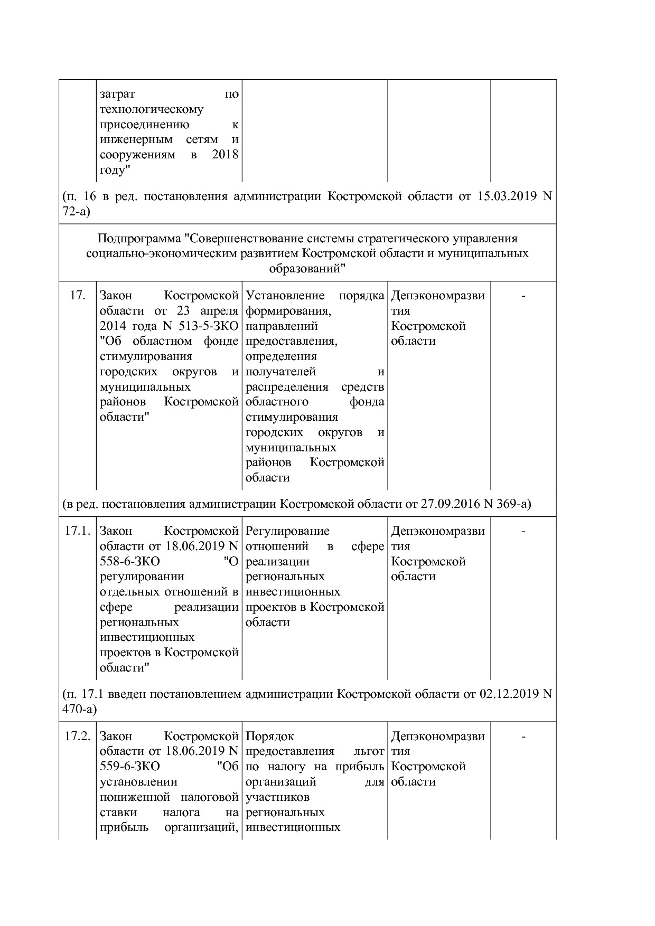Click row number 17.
coord(77,296)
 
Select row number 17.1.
coord(77,531)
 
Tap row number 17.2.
coord(77,736)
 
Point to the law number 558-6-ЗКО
coord(129,561)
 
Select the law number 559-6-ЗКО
coord(129,767)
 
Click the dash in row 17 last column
coord(523,296)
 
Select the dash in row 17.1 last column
coord(523,531)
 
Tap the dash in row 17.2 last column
coord(523,736)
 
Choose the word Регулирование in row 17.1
coord(287,531)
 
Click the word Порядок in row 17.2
coord(269,736)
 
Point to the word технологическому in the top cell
coord(152,110)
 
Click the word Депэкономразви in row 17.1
coord(437,531)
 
